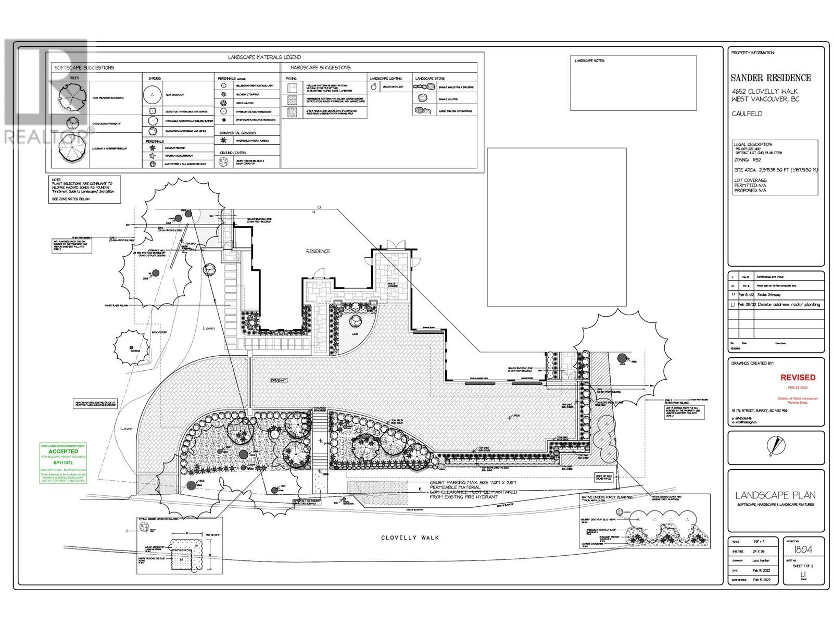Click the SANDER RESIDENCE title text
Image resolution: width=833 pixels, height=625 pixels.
[771, 78]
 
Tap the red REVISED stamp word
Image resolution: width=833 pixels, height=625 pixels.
[798, 377]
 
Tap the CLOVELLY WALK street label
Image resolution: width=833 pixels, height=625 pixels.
[410, 537]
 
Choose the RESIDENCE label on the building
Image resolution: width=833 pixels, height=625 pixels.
[318, 251]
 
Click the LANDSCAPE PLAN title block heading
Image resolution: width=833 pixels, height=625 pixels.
[775, 495]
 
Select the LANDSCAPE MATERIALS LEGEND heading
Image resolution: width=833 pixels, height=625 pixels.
[264, 57]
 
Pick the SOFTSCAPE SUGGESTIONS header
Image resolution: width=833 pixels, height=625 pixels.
[84, 68]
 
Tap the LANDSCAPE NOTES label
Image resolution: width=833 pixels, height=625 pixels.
[589, 61]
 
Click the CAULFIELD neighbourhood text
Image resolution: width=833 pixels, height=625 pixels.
[747, 114]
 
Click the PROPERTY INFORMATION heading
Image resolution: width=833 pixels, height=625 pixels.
[753, 53]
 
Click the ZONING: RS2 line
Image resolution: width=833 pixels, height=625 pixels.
[748, 161]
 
